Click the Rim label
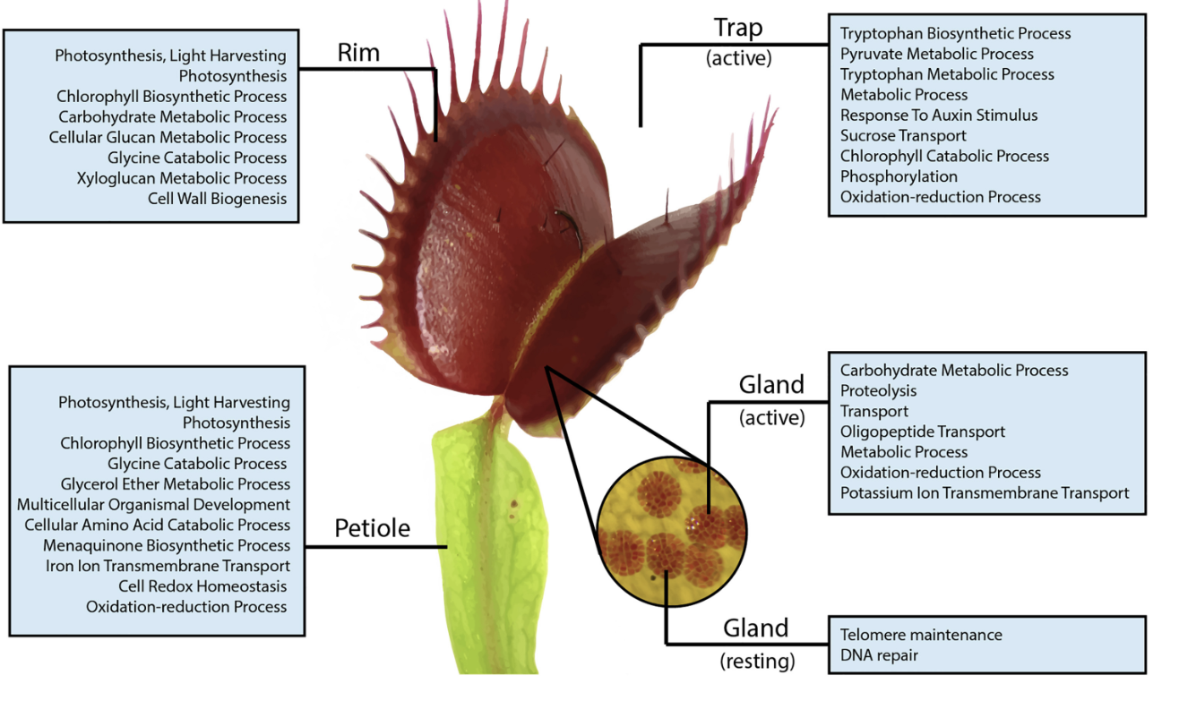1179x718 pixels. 358,53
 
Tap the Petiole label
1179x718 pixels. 372,528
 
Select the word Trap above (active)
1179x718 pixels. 738,29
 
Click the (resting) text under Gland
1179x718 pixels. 757,662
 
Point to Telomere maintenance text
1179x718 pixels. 921,635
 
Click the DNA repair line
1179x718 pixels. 879,655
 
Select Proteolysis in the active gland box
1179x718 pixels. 879,391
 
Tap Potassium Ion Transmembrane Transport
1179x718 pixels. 985,493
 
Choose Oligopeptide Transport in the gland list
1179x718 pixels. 923,432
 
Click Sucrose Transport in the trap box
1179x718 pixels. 903,136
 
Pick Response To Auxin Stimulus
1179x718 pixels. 939,115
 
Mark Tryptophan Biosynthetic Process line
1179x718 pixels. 955,34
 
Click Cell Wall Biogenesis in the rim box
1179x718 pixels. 218,199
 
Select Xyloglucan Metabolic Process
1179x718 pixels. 182,178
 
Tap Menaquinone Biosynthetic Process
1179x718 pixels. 167,545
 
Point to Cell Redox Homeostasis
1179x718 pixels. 202,586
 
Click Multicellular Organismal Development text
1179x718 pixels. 154,504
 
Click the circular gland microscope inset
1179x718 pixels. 672,531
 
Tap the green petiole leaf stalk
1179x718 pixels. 489,547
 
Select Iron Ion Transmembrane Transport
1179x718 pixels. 168,566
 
